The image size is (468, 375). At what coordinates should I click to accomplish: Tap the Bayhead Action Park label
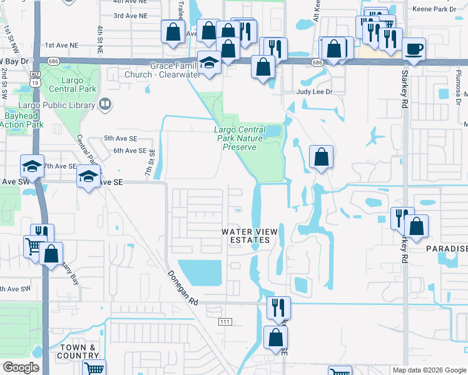point(21,120)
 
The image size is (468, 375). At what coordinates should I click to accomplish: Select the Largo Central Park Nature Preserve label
point(236,138)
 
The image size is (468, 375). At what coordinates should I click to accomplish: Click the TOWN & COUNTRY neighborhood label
point(79,351)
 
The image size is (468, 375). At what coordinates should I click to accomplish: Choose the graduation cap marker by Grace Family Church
point(208,61)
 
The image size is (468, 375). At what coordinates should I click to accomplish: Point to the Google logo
point(21,367)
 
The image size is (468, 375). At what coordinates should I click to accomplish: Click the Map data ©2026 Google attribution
point(429,370)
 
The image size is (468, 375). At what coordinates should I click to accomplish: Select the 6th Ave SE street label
point(130,151)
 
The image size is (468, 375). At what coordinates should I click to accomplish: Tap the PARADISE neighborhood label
point(446,249)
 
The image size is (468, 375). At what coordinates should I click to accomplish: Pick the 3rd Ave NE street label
point(130,16)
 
